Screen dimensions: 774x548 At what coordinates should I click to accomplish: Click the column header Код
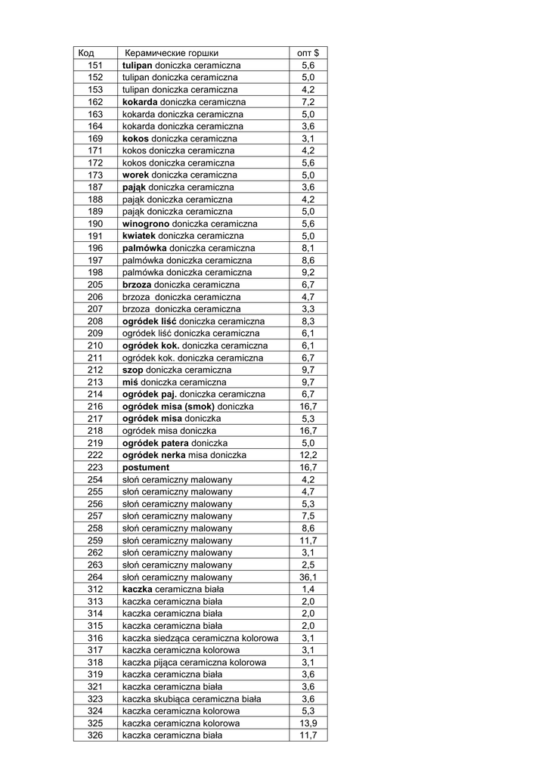tap(85, 53)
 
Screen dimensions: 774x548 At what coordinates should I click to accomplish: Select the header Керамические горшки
tap(172, 53)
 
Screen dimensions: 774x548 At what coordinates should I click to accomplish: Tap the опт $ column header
tap(308, 53)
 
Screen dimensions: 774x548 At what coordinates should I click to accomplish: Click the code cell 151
tap(95, 65)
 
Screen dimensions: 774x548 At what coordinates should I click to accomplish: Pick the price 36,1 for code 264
tap(308, 577)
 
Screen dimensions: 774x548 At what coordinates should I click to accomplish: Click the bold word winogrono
tap(146, 224)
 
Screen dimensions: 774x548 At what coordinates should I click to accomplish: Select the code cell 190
tap(95, 224)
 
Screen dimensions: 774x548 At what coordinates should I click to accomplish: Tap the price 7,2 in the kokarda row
tap(308, 102)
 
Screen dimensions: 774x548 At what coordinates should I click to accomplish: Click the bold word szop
tap(132, 370)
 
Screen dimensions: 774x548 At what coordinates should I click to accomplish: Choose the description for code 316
tap(200, 638)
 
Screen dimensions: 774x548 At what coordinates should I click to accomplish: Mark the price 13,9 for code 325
tap(308, 723)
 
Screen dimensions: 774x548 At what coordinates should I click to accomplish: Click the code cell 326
tap(95, 735)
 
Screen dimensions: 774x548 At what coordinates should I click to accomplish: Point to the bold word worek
tap(135, 175)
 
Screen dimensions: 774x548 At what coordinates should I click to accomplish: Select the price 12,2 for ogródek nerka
tap(308, 455)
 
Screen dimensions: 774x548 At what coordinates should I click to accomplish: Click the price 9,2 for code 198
tap(308, 272)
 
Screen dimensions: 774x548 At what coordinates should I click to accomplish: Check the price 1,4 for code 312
tap(308, 589)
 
